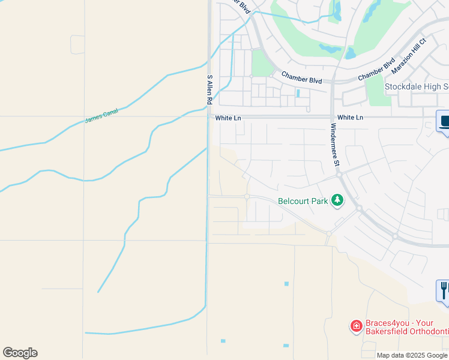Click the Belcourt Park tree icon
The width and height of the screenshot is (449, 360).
(x=337, y=200)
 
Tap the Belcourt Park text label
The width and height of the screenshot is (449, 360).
(x=303, y=202)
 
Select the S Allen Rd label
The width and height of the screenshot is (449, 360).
(x=209, y=90)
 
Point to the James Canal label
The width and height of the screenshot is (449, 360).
(x=101, y=115)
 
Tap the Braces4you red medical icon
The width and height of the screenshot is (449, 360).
(x=356, y=326)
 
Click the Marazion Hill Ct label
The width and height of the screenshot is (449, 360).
(x=408, y=56)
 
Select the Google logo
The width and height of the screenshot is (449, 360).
(x=20, y=353)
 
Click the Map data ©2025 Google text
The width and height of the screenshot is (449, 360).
(x=411, y=355)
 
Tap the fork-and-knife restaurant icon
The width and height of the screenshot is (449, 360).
(x=444, y=290)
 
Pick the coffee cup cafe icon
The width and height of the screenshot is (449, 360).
(x=444, y=122)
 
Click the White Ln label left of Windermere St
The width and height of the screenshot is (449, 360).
(x=228, y=118)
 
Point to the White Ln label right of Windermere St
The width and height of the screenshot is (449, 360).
(x=350, y=118)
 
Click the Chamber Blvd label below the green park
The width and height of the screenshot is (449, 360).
(x=303, y=79)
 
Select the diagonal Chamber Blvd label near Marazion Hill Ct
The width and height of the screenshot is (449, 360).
(x=376, y=70)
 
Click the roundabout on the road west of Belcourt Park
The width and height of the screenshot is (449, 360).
(x=247, y=196)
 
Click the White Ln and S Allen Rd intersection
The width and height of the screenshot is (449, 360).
(x=208, y=117)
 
